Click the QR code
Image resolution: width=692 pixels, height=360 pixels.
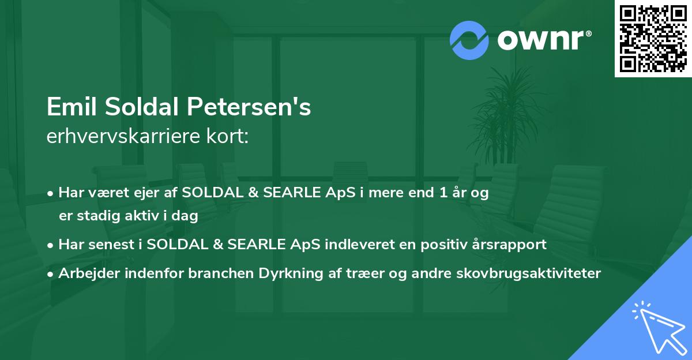click(653, 38)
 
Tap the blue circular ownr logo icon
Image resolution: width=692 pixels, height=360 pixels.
click(469, 40)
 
